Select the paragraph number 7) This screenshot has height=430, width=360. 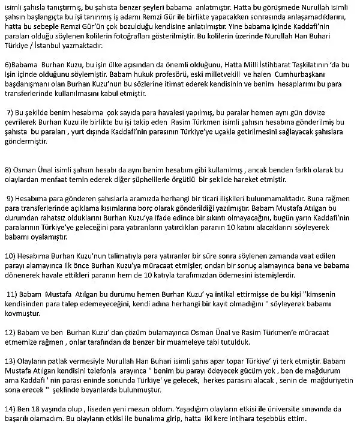(x=10, y=112)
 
